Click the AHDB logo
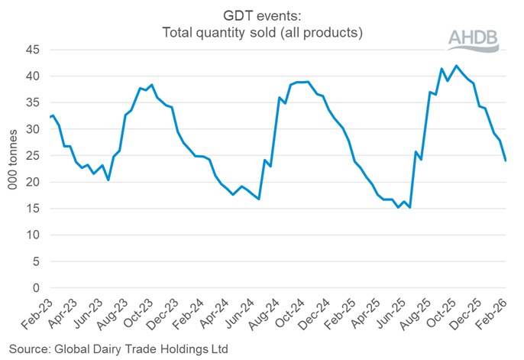[472, 39]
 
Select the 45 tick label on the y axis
[32, 50]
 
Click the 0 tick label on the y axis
[35, 288]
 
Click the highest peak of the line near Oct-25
[457, 66]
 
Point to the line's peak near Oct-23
[152, 85]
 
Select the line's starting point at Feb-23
[50, 117]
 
